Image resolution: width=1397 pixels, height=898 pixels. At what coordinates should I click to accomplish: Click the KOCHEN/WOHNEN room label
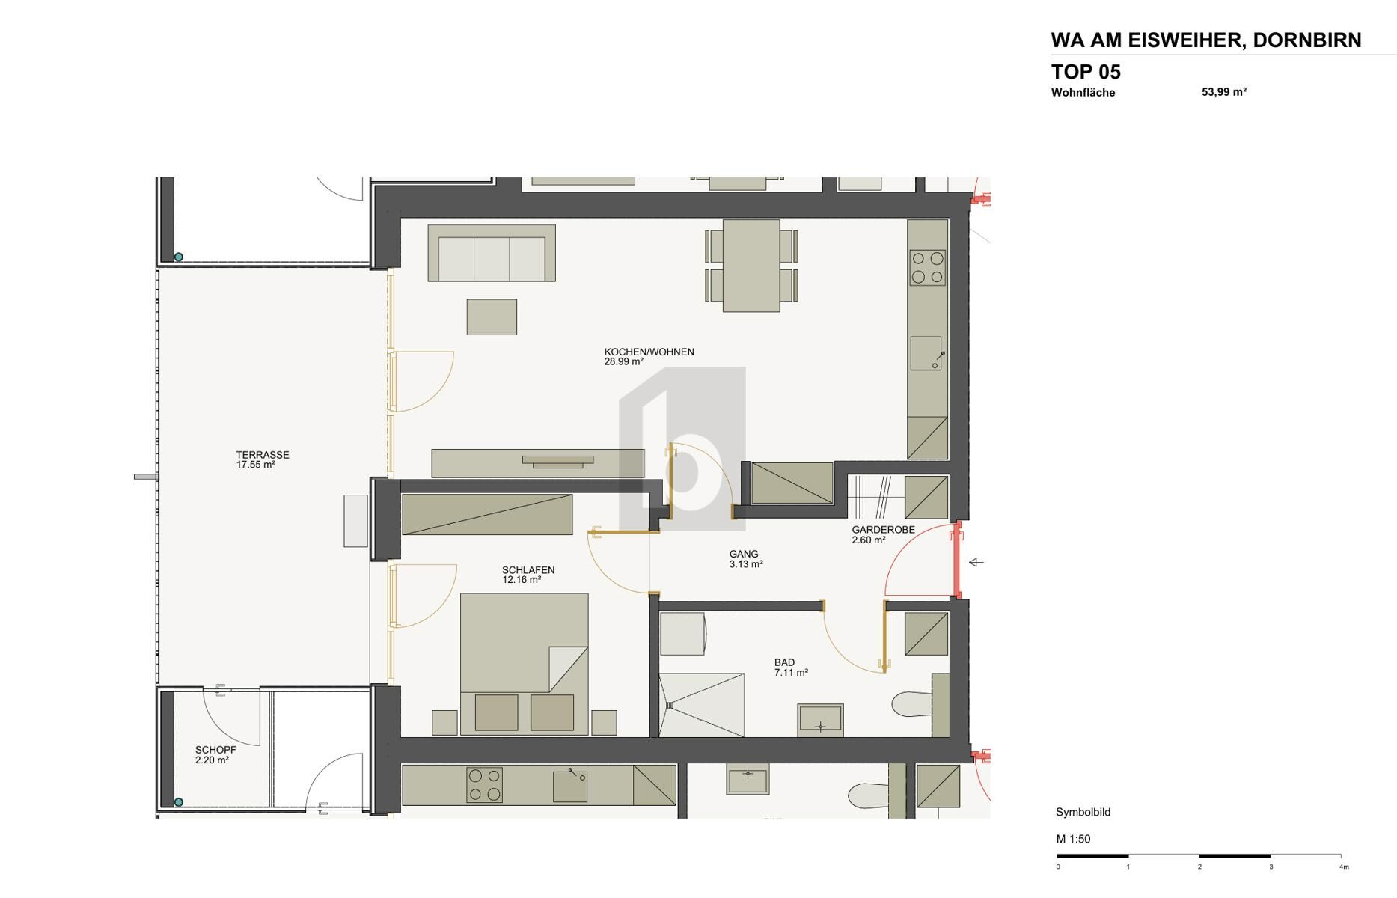click(x=649, y=352)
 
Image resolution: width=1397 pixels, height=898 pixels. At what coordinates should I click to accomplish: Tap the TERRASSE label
click(x=262, y=454)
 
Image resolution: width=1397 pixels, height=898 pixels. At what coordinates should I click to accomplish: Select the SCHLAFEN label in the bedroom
click(x=528, y=570)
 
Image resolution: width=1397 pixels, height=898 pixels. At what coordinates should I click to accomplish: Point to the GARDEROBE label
click(x=883, y=530)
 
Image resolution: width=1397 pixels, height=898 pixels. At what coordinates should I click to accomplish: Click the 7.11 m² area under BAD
click(x=791, y=673)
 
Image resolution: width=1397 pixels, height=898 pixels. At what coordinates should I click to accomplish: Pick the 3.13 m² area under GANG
click(x=746, y=564)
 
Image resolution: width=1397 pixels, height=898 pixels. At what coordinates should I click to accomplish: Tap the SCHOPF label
click(x=215, y=750)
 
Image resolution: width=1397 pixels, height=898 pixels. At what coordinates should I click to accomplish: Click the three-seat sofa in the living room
click(x=492, y=254)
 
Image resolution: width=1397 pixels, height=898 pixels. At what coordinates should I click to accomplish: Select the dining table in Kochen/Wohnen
click(x=751, y=266)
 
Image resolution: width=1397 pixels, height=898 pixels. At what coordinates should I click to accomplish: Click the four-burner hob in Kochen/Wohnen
click(x=928, y=268)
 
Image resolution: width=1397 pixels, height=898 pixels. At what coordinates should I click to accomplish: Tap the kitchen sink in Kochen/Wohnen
click(x=926, y=353)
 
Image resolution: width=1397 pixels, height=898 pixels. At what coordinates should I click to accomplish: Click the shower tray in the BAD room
click(x=702, y=705)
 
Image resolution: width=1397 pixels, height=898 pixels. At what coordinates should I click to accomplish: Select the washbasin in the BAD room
click(x=820, y=720)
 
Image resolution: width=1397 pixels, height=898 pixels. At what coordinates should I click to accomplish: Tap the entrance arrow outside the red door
click(x=976, y=562)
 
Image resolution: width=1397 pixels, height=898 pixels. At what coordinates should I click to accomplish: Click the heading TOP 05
click(x=1086, y=72)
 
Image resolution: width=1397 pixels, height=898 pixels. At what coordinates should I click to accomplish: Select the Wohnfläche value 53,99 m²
click(x=1223, y=92)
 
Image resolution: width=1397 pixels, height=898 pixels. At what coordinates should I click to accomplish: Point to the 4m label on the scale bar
click(x=1344, y=867)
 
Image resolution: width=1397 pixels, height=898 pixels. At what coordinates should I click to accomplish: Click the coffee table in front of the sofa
click(x=492, y=317)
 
